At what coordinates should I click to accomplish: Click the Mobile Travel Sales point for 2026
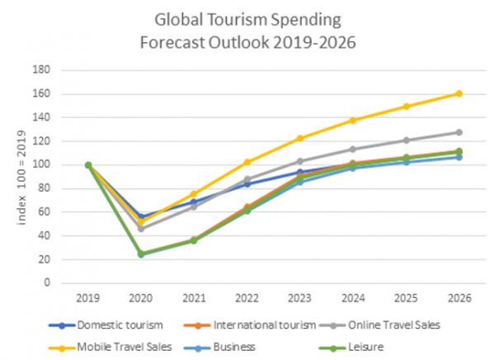coord(458,93)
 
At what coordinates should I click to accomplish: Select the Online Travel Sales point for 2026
coord(458,132)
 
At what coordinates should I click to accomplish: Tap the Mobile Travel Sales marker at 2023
coord(299,138)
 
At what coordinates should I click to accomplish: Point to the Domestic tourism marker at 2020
coord(141,216)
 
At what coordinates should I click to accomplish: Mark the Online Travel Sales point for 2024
coord(352,149)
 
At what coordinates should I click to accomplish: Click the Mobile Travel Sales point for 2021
coord(194,194)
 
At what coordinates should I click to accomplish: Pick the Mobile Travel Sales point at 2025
coord(405,106)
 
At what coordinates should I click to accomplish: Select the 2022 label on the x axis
coord(247,297)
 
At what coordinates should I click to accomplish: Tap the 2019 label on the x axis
coord(88,297)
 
